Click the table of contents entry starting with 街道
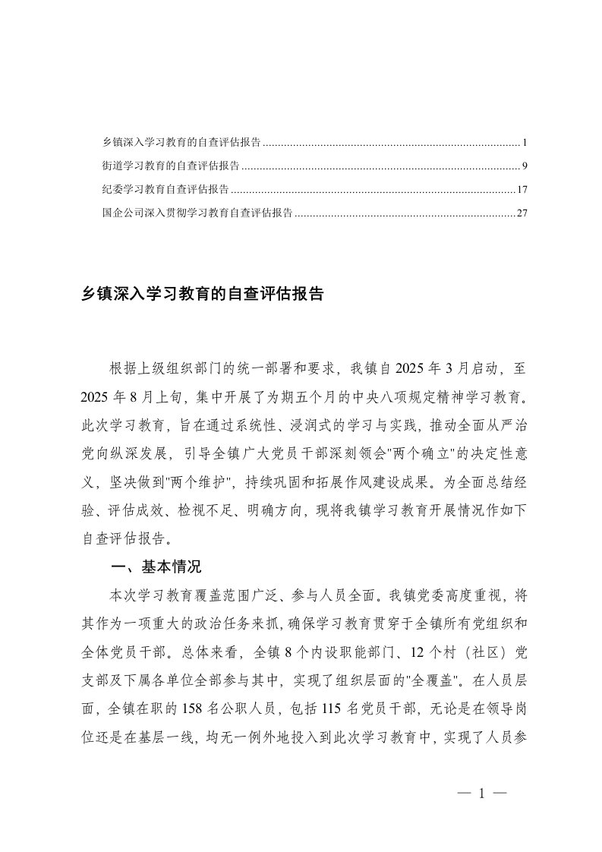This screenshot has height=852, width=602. pyautogui.click(x=172, y=166)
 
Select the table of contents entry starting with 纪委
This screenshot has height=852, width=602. pyautogui.click(x=165, y=189)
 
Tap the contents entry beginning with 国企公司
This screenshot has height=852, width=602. pyautogui.click(x=197, y=213)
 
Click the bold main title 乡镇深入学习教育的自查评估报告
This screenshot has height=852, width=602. pyautogui.click(x=203, y=295)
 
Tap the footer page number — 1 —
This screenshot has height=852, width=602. pyautogui.click(x=481, y=794)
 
